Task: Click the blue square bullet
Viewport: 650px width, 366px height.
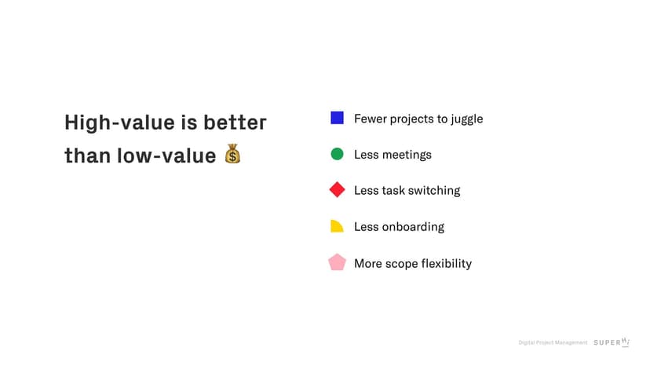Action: click(x=337, y=118)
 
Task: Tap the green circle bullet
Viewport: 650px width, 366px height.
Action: click(x=337, y=154)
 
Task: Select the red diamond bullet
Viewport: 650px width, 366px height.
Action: click(x=337, y=189)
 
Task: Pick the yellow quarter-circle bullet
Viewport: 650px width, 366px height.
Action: click(x=336, y=226)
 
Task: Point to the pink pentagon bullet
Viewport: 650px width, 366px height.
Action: click(x=337, y=262)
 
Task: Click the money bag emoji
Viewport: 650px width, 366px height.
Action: click(x=232, y=153)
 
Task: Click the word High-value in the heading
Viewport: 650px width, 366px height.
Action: click(x=120, y=123)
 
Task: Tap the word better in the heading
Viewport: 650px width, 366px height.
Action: click(x=235, y=123)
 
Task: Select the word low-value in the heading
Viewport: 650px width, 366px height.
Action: click(x=166, y=156)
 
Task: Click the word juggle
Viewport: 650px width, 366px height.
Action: click(x=467, y=119)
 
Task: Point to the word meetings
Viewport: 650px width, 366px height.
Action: click(x=407, y=156)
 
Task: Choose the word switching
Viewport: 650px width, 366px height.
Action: click(x=434, y=191)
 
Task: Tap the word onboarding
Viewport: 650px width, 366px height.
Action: click(x=413, y=227)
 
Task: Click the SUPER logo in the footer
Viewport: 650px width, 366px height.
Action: click(x=612, y=342)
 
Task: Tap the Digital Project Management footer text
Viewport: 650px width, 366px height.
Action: click(x=553, y=342)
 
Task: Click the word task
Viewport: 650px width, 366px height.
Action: click(x=393, y=191)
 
